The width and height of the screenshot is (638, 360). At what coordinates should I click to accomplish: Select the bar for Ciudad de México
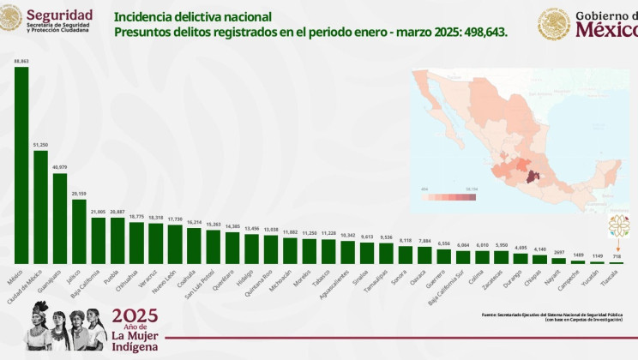(x=40, y=207)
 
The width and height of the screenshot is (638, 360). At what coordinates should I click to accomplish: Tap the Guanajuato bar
(x=60, y=218)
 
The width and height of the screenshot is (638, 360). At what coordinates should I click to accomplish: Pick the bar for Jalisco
(x=79, y=231)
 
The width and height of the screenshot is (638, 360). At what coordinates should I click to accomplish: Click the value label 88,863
(x=21, y=61)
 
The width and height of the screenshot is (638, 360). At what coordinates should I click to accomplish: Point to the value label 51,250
(x=40, y=145)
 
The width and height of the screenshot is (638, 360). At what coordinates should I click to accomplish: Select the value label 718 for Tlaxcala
(x=617, y=256)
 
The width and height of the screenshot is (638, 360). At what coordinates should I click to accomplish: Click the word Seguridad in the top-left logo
(x=60, y=14)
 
